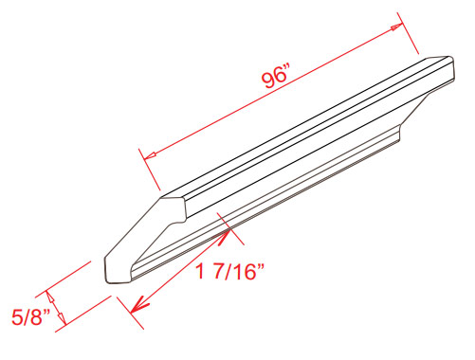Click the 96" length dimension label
click(276, 78)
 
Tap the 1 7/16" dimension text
click(229, 271)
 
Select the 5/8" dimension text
click(30, 316)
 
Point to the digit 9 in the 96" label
click(268, 81)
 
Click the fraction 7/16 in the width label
click(235, 271)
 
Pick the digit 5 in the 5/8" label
click(16, 317)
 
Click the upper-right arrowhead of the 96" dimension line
click(397, 27)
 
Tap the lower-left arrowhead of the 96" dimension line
click(150, 155)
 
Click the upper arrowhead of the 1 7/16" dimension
click(225, 236)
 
